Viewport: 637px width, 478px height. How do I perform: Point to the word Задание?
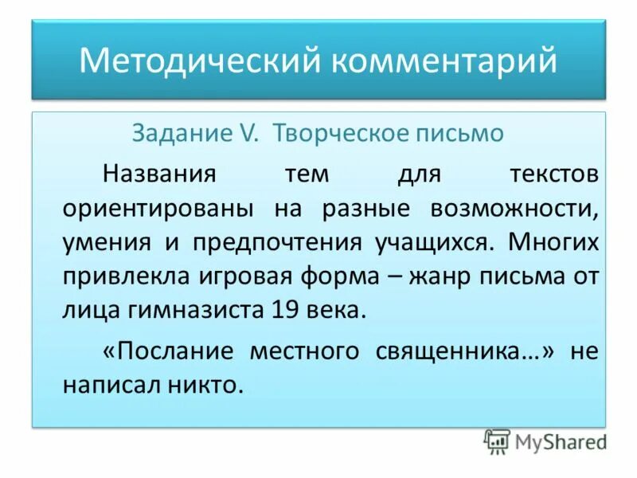click(197, 133)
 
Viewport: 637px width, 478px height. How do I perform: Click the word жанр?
click(435, 276)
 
